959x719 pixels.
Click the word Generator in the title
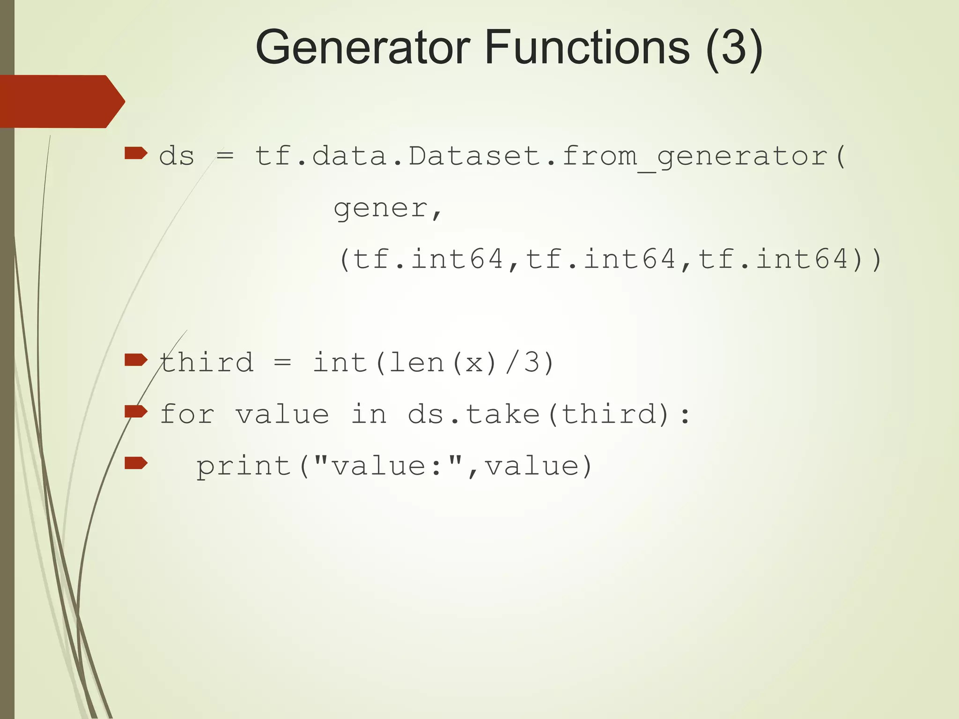coord(362,48)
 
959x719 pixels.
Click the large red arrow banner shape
coord(61,101)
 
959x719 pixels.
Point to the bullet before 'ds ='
coord(136,153)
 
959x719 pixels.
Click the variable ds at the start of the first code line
coord(177,156)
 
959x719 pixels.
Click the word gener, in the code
coord(388,208)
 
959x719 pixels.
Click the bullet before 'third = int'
coord(136,360)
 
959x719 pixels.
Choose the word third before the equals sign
coord(207,363)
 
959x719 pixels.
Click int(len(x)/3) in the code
coord(434,363)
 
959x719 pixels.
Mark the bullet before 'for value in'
coord(136,411)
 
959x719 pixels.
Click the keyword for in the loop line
coord(187,415)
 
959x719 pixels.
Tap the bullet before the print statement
coord(136,463)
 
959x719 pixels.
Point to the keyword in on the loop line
coord(369,415)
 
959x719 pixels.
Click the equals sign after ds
coord(225,156)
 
